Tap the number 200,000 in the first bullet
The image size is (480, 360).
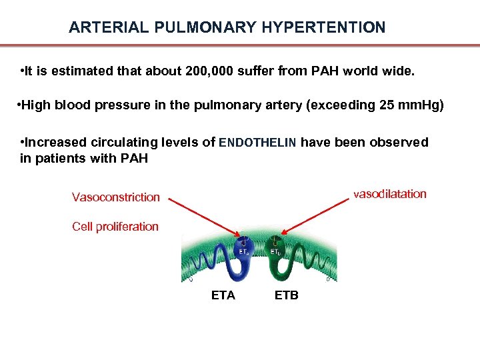click(x=207, y=71)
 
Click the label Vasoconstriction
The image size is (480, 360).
click(x=116, y=197)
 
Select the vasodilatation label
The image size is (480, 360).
click(x=390, y=194)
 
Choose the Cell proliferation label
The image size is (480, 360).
click(x=115, y=227)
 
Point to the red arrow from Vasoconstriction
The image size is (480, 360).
click(x=204, y=215)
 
